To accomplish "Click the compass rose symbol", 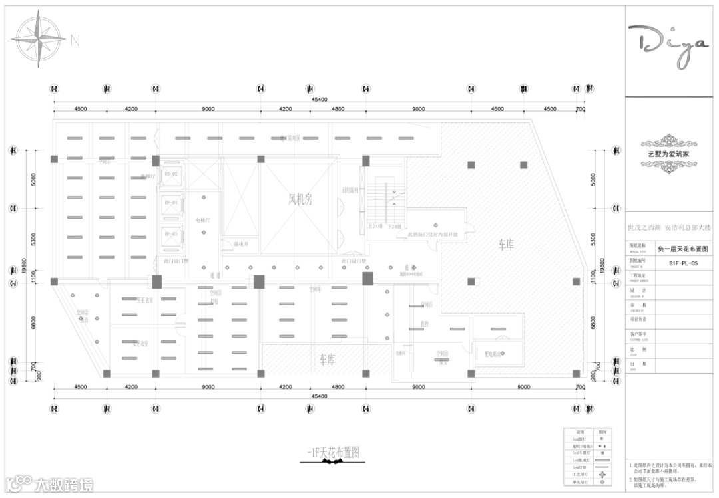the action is [38, 39].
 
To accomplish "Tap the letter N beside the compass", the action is [75, 40].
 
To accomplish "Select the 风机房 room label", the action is [300, 199].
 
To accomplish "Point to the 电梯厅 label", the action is [202, 220].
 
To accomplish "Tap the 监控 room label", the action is [424, 324].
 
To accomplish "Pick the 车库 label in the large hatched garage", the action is [506, 245].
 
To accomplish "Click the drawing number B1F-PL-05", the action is [683, 263].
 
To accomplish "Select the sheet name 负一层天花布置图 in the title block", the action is [683, 249].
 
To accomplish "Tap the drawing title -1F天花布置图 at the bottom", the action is [334, 453].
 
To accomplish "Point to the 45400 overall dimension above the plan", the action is [318, 99].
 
